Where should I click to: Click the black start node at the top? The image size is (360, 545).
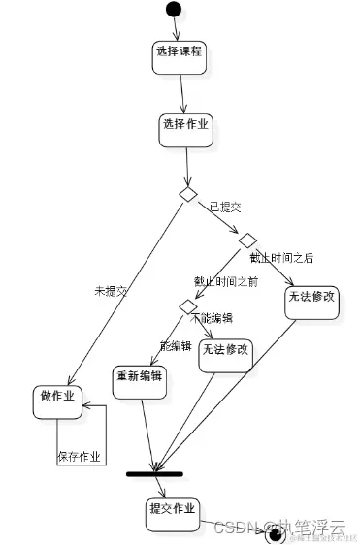coord(174,10)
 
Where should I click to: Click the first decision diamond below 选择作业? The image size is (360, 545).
coord(188,194)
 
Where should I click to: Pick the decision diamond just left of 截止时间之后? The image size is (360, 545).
coord(247,240)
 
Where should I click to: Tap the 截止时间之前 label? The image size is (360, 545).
coord(226,281)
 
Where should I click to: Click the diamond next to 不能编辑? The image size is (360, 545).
coord(188,306)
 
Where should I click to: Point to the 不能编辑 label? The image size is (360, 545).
coord(217,317)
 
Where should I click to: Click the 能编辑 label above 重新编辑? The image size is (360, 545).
coord(176,346)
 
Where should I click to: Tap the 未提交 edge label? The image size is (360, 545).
coord(110,290)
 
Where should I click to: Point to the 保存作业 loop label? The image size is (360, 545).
coord(81,457)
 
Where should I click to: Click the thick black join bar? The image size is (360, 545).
coord(154,472)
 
